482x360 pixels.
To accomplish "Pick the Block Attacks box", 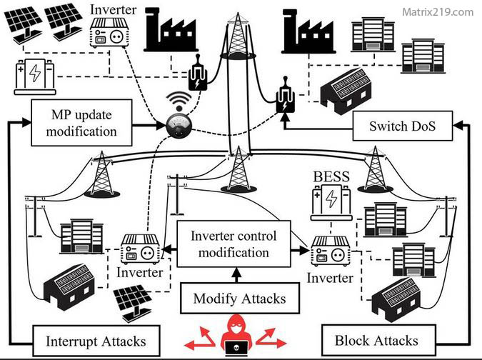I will pyautogui.click(x=376, y=341).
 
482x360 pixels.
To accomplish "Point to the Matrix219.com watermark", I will pyautogui.click(x=437, y=12).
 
